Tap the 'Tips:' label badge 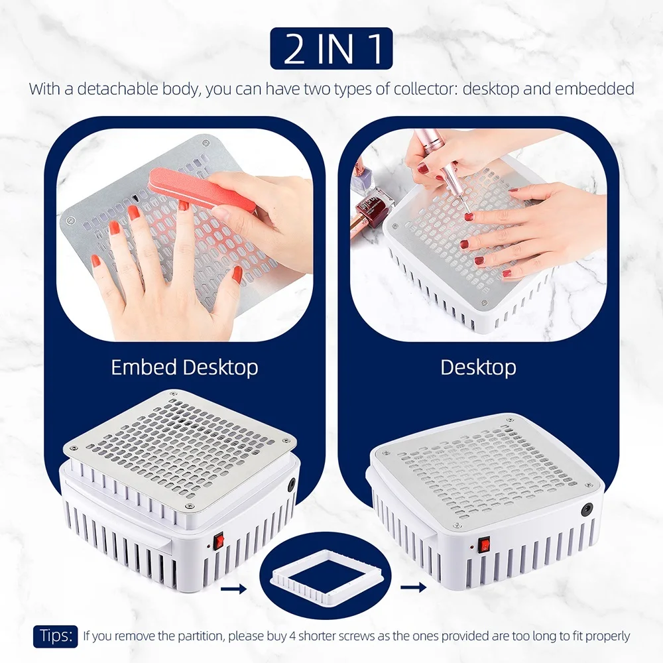tap(56, 635)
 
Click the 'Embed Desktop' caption tap(184, 367)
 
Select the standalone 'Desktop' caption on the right tap(478, 367)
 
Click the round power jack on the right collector tap(586, 510)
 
